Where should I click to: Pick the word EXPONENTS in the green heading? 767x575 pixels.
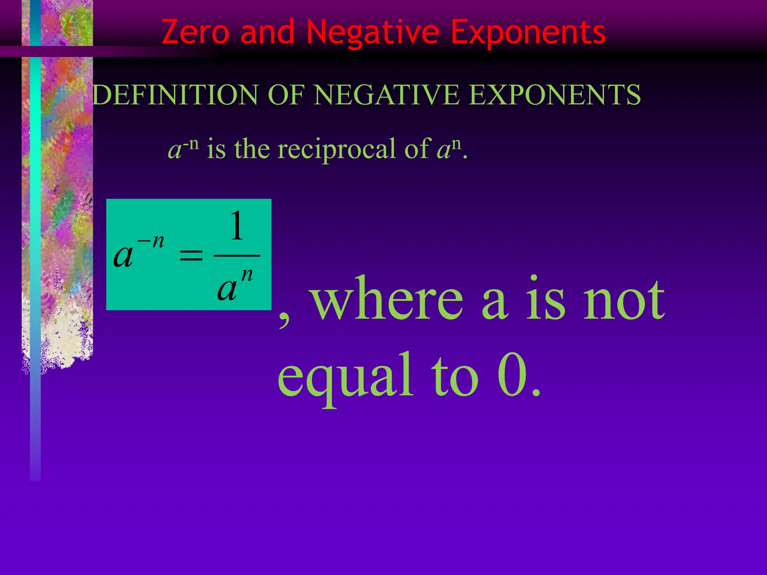coord(555,95)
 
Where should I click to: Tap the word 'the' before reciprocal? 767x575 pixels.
coord(252,149)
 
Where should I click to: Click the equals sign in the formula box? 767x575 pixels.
coord(191,256)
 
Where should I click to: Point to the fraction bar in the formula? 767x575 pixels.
coord(237,256)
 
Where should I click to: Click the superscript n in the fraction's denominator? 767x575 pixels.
coord(247,275)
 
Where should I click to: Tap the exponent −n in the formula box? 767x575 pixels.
coord(151,241)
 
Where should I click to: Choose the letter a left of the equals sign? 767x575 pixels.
coord(123,256)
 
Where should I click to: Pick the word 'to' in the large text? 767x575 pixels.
coord(455,376)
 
